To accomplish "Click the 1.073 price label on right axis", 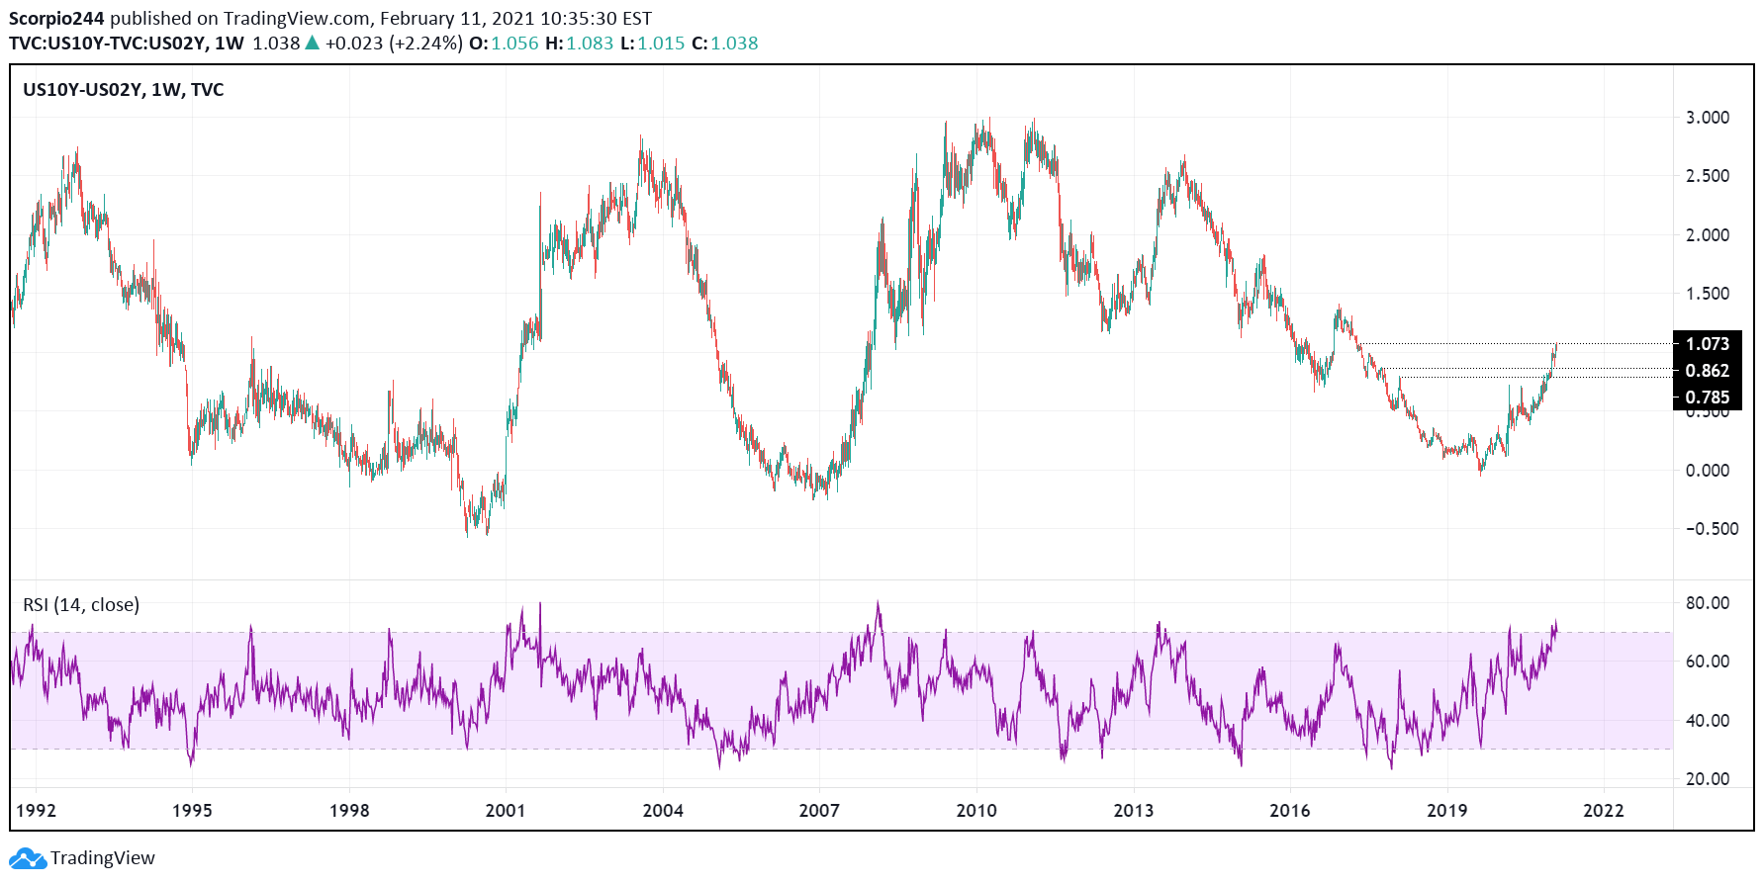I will (x=1707, y=344).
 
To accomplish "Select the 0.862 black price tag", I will (x=1707, y=371).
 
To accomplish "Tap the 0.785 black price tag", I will (x=1707, y=398).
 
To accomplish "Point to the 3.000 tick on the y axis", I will (x=1707, y=118).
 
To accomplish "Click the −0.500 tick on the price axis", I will (x=1712, y=529).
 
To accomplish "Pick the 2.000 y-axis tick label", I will (x=1707, y=235).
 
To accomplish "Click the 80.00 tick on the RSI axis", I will (x=1707, y=603).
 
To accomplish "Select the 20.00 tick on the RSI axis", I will (x=1707, y=779).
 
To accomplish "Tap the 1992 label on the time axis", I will (x=36, y=811).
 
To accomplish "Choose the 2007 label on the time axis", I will (x=819, y=811).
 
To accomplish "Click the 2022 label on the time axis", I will (x=1603, y=811).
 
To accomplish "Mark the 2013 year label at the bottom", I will (x=1133, y=811).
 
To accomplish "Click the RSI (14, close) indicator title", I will (x=81, y=605).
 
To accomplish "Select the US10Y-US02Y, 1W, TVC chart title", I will (x=123, y=90).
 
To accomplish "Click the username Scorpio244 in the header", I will (x=56, y=19).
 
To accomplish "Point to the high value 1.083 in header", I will (x=590, y=44).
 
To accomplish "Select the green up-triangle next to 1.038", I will (x=313, y=43).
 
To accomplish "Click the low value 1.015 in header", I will (x=661, y=44).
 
